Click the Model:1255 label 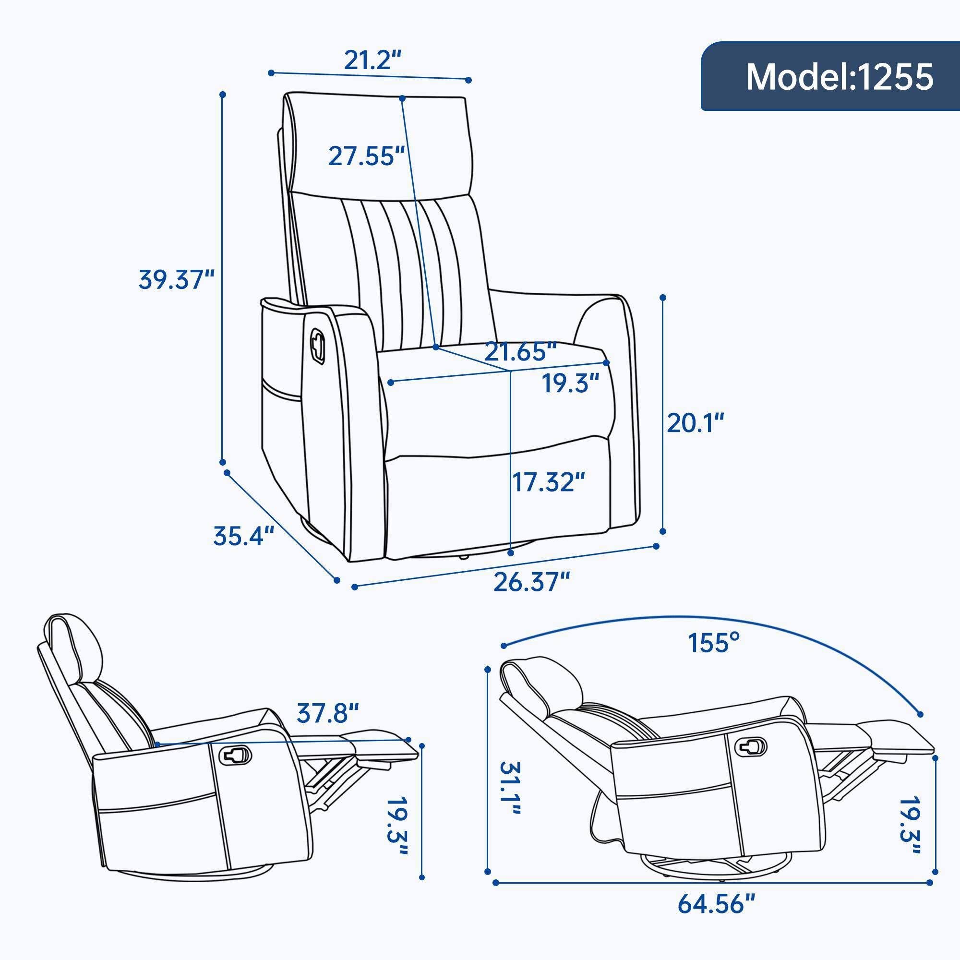click(x=839, y=77)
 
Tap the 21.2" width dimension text click(x=372, y=60)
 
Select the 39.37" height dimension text click(x=176, y=279)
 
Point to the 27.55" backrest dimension click(x=367, y=156)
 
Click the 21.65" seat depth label click(x=520, y=352)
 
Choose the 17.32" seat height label click(x=548, y=482)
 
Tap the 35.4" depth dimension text click(x=243, y=536)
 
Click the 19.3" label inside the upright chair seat click(x=570, y=383)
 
